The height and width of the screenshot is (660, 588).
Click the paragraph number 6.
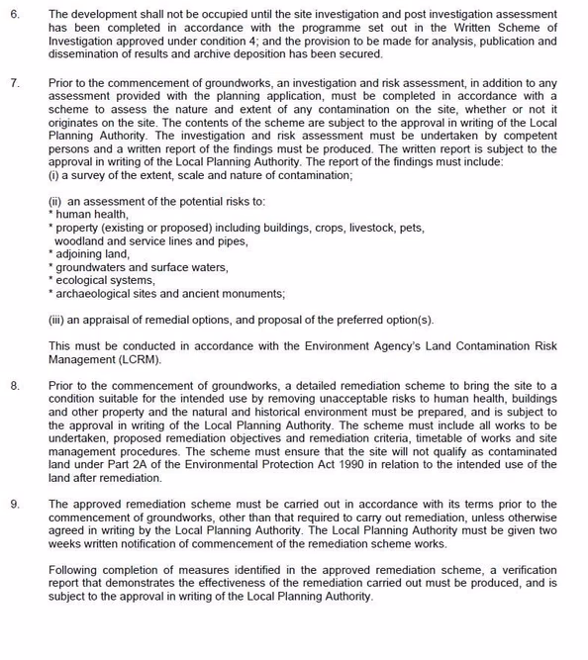click(x=14, y=15)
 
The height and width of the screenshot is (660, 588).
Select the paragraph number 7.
click(x=14, y=84)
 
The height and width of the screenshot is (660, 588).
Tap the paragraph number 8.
click(x=14, y=386)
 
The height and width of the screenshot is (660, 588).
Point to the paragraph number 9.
click(x=14, y=505)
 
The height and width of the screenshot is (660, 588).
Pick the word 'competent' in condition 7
click(x=529, y=136)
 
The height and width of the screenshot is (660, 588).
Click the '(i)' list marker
click(x=54, y=175)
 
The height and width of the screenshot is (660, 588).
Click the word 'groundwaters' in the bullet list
click(x=92, y=267)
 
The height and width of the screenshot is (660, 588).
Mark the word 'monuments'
click(x=251, y=294)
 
